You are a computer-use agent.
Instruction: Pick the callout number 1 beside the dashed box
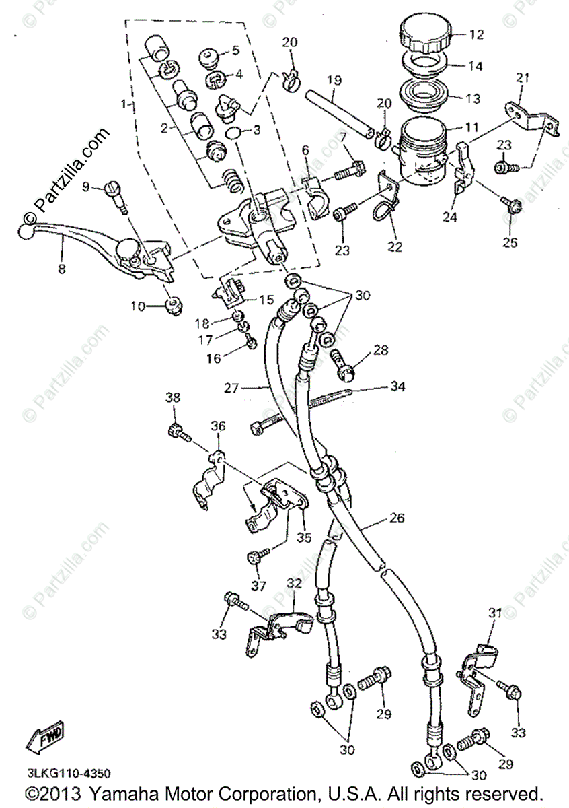tap(122, 104)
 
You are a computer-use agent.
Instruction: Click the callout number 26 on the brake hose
tap(397, 518)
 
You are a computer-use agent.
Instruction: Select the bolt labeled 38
tap(176, 430)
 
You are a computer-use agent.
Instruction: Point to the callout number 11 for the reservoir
tap(471, 126)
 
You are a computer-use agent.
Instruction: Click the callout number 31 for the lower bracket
tap(495, 613)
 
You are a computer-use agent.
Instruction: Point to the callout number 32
tap(295, 582)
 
